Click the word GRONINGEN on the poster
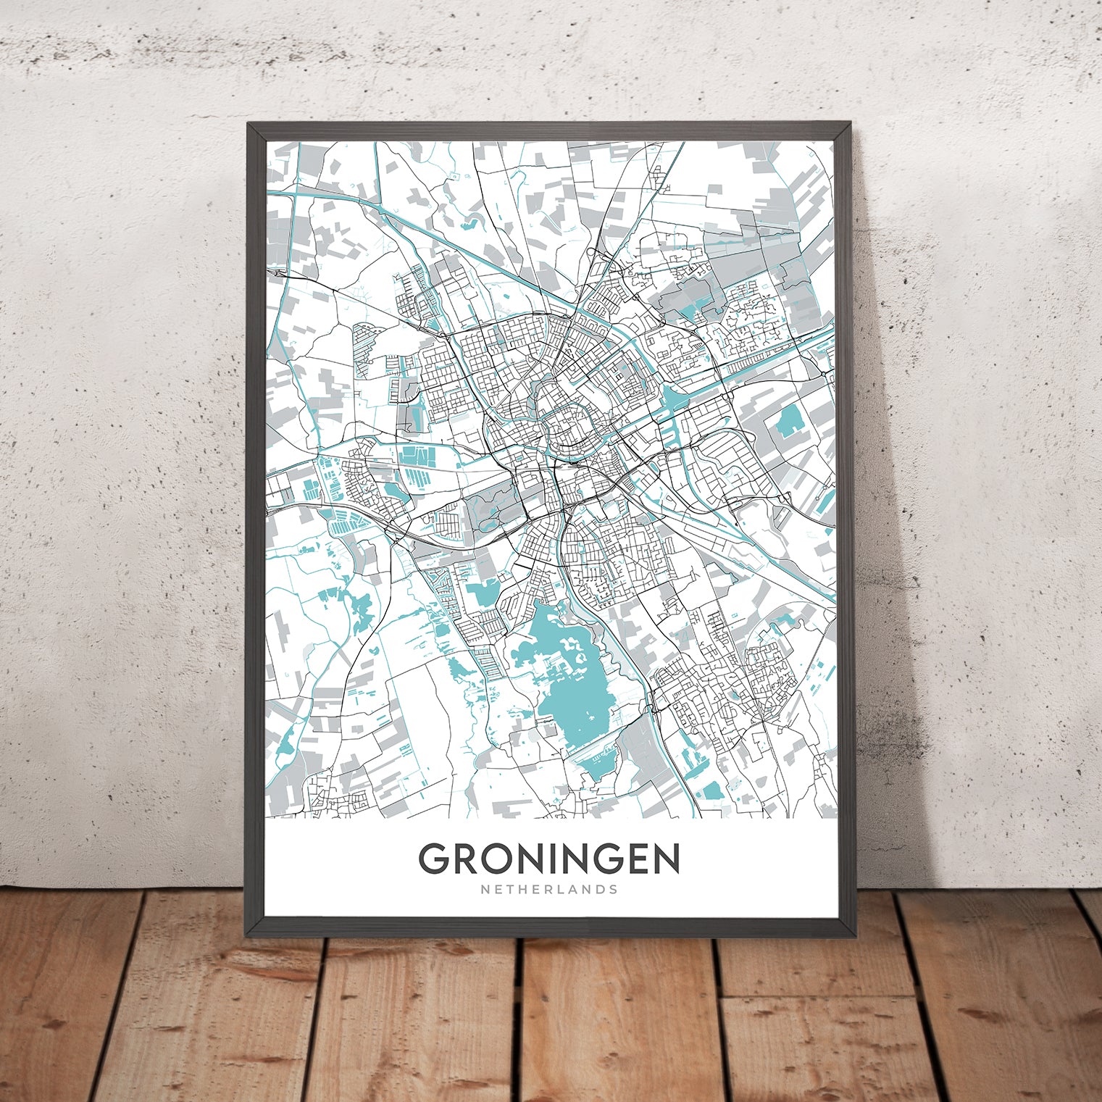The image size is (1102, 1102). [x=548, y=859]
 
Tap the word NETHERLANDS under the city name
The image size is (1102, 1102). [x=548, y=889]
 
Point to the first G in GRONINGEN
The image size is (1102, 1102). [x=435, y=859]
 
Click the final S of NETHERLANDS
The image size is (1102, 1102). [x=614, y=889]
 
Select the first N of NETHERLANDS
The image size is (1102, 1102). [x=483, y=889]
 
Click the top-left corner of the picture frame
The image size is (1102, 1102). [x=249, y=124]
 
